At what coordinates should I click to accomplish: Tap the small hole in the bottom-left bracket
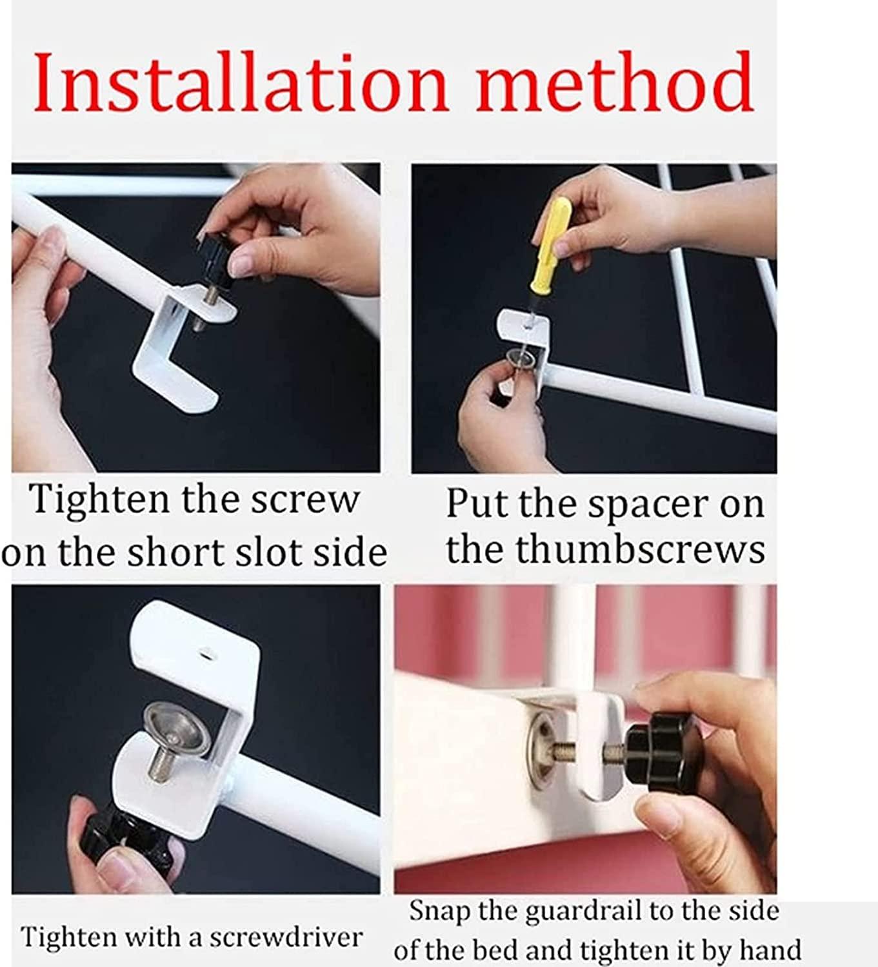[208, 654]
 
